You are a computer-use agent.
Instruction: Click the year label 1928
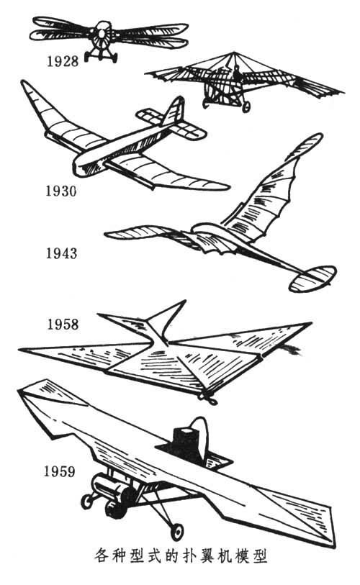tap(63, 61)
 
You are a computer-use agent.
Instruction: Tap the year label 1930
tap(61, 191)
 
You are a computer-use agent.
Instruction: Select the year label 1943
tap(61, 253)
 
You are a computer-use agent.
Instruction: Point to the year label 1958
tap(63, 324)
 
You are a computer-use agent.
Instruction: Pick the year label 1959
tap(59, 471)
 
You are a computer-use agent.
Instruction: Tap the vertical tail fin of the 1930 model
tap(174, 112)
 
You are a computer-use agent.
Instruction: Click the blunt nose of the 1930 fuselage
tap(81, 166)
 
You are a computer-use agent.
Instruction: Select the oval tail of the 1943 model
tap(312, 278)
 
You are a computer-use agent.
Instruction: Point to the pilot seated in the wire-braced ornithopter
tap(237, 73)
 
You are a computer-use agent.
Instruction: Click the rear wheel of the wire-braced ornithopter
tap(246, 107)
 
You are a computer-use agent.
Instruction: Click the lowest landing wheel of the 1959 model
tap(176, 532)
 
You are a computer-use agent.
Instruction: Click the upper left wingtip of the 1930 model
tap(24, 83)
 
